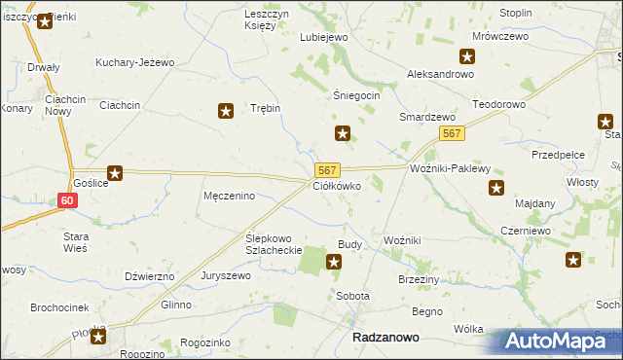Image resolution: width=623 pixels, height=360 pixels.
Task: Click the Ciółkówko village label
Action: (337, 185)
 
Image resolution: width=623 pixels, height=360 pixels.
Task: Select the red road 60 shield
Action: (66, 200)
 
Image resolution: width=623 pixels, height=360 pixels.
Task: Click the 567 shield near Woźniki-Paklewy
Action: (451, 133)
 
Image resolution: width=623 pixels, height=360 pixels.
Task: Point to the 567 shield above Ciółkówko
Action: (327, 169)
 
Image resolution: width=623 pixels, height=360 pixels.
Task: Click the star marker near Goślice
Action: (115, 173)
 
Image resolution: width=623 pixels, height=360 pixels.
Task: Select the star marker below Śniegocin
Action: (342, 132)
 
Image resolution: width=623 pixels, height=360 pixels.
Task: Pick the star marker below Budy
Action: (334, 261)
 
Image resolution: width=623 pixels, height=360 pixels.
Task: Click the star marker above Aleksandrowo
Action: (468, 56)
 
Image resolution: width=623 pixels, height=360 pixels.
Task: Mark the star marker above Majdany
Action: (496, 188)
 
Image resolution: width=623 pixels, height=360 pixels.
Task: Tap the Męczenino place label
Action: (229, 196)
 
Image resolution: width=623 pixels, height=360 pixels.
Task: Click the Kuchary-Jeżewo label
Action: (134, 62)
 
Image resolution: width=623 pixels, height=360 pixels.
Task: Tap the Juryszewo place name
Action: (226, 275)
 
